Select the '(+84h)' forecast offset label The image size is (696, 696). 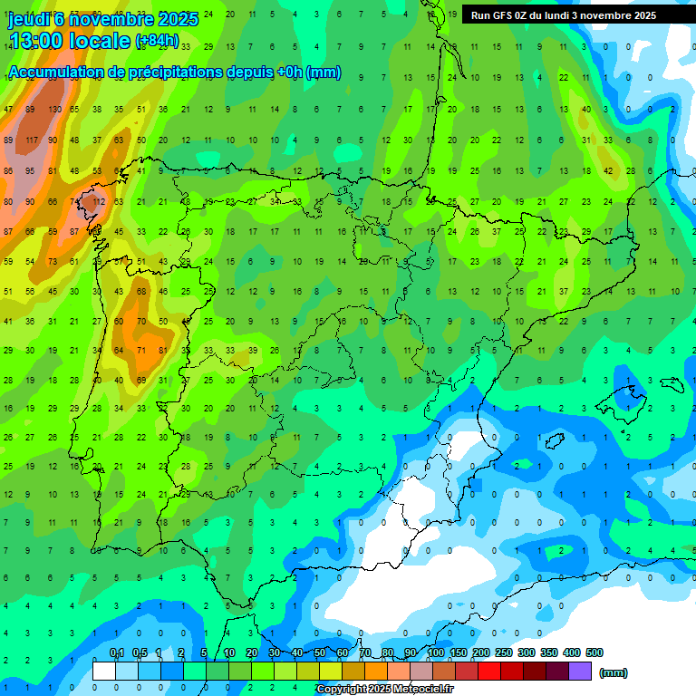click(158, 42)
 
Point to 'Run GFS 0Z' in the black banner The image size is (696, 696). click(502, 15)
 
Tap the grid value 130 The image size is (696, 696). click(54, 110)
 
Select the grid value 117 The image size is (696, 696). click(32, 140)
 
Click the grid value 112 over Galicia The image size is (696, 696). click(98, 201)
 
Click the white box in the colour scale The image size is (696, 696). click(104, 672)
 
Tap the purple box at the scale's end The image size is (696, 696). click(581, 672)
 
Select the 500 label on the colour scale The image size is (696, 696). click(594, 653)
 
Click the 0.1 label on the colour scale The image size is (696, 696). click(116, 653)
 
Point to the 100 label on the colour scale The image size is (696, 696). click(435, 653)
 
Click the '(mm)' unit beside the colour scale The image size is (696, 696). click(614, 673)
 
